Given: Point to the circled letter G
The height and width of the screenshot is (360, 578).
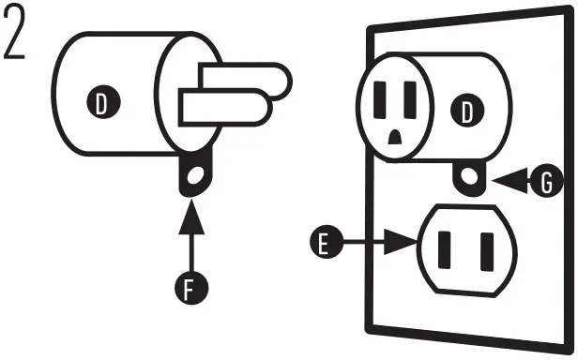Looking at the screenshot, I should click(x=543, y=184).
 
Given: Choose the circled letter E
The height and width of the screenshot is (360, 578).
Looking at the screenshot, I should click(x=322, y=246).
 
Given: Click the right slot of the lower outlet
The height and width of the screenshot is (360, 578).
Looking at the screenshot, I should click(x=485, y=249).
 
